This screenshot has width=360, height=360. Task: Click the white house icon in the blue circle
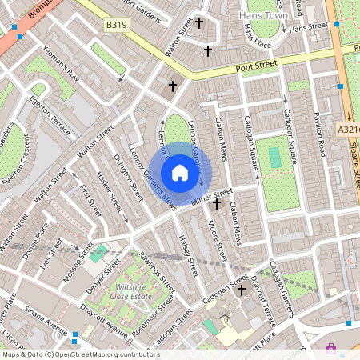[180, 172]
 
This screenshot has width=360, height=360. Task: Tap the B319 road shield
[117, 26]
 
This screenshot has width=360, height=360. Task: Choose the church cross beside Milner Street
[216, 204]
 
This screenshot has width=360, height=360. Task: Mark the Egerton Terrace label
[52, 114]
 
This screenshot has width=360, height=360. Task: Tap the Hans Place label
[258, 37]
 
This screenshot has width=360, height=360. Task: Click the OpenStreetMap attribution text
[81, 354]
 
